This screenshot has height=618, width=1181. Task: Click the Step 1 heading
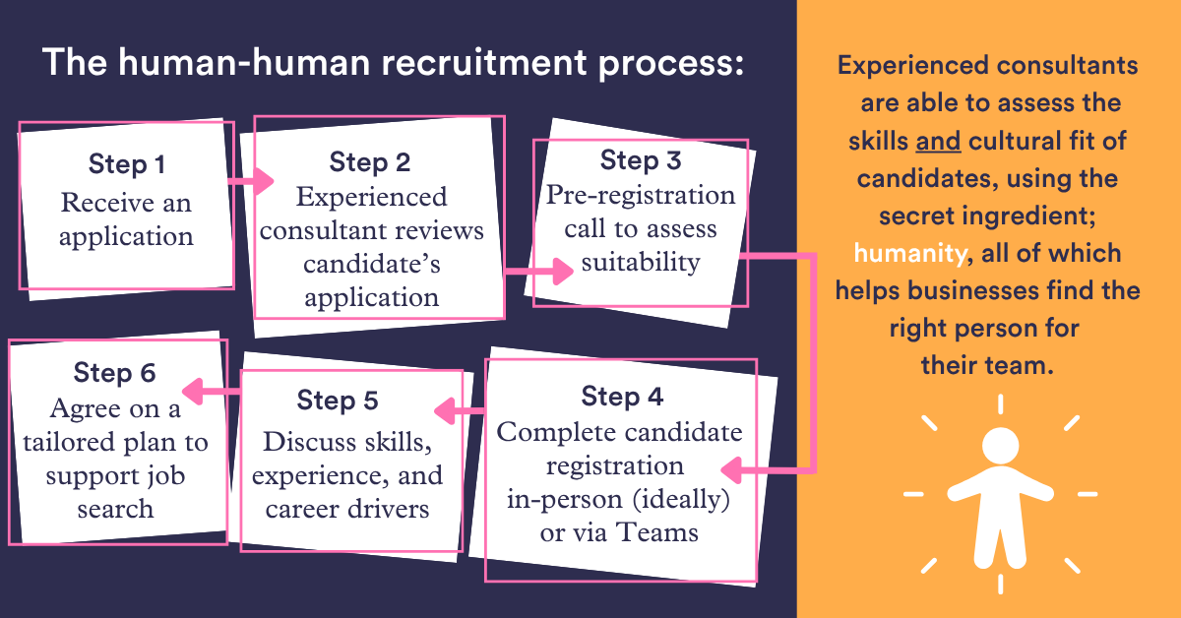click(x=126, y=164)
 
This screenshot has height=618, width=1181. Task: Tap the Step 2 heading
click(x=370, y=161)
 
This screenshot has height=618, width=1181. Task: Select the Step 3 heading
click(x=640, y=159)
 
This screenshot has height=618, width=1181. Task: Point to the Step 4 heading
click(x=622, y=397)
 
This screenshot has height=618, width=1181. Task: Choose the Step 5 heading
click(x=338, y=401)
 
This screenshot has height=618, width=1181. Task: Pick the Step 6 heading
click(x=114, y=373)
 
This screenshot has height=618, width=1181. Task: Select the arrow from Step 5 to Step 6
click(x=213, y=393)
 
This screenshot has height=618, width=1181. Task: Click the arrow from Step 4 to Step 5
click(x=460, y=408)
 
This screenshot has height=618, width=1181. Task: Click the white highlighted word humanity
click(x=908, y=254)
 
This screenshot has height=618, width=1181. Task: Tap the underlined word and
click(x=938, y=142)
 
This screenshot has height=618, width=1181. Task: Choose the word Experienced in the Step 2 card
click(x=371, y=197)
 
